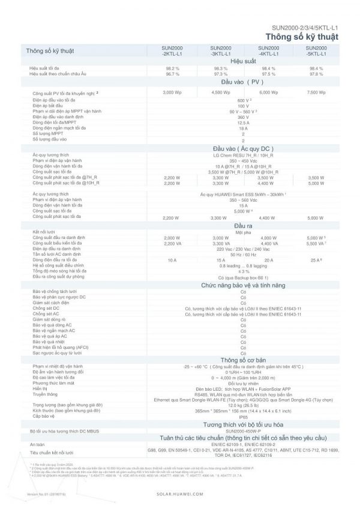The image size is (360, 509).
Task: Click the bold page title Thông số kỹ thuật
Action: pyautogui.click(x=301, y=36)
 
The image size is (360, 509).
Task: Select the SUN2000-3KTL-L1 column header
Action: pyautogui.click(x=220, y=51)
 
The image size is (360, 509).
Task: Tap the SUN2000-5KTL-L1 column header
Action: pyautogui.click(x=316, y=51)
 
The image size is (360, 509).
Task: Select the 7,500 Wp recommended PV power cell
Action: pyautogui.click(x=316, y=92)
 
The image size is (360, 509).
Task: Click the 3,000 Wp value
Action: pyautogui.click(x=172, y=92)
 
